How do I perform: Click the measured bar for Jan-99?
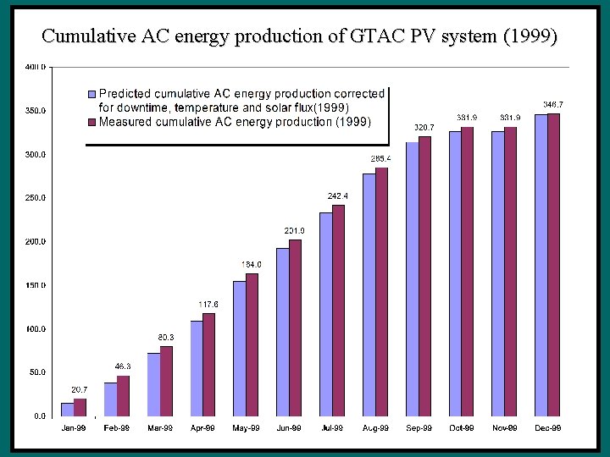coord(80,407)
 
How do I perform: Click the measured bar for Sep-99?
coord(425,276)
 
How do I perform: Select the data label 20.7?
coord(78,388)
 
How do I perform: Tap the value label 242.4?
coord(339,195)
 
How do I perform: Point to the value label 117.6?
coord(208,304)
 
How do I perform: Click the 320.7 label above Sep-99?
coord(424,127)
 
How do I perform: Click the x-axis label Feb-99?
coord(116,428)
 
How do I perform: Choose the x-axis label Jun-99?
coord(289,428)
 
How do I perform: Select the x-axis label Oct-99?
coord(462,428)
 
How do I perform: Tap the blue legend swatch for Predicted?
coord(94,93)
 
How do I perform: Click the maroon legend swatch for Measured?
coord(94,122)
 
